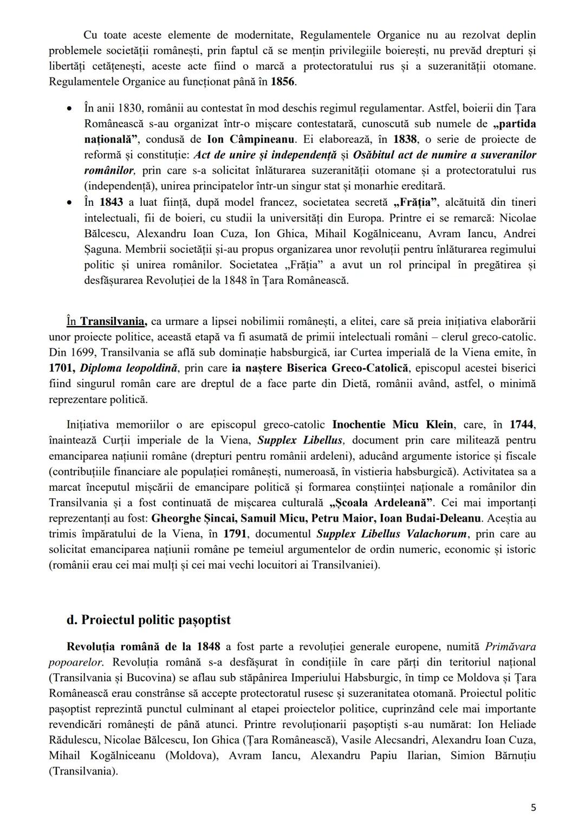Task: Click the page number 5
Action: pyautogui.click(x=534, y=808)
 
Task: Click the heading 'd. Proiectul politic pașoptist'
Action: pyautogui.click(x=148, y=620)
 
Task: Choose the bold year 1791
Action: pyautogui.click(x=235, y=534)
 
